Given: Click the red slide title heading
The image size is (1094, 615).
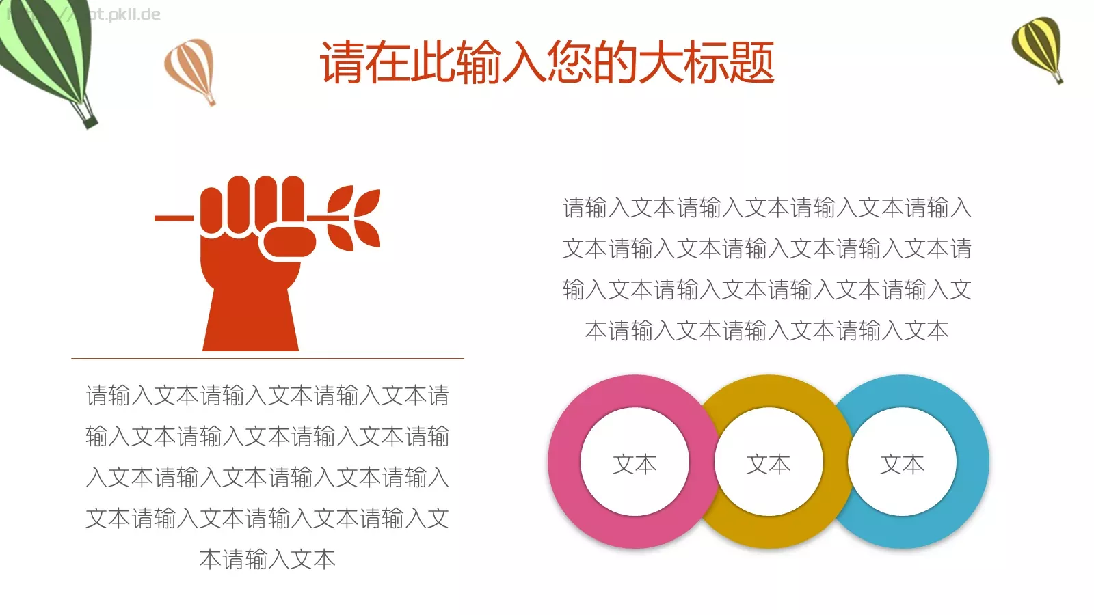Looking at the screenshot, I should click(547, 63).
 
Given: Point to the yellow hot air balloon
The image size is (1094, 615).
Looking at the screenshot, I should click(1037, 44).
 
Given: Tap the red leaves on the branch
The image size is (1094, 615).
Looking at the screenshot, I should click(356, 219).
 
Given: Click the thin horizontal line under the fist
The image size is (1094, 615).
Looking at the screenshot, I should click(267, 358).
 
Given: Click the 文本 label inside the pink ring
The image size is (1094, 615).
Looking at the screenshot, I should click(635, 465).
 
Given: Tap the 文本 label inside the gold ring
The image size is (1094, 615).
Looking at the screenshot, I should click(769, 465).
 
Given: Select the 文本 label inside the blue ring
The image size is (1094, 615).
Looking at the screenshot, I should click(902, 465).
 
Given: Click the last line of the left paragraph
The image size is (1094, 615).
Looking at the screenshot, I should click(267, 560).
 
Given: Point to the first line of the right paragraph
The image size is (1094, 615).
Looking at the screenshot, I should click(766, 208).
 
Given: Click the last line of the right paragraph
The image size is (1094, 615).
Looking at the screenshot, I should click(766, 331).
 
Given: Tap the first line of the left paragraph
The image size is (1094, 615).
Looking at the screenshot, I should click(267, 396).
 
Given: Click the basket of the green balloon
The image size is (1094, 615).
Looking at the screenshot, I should click(90, 121).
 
